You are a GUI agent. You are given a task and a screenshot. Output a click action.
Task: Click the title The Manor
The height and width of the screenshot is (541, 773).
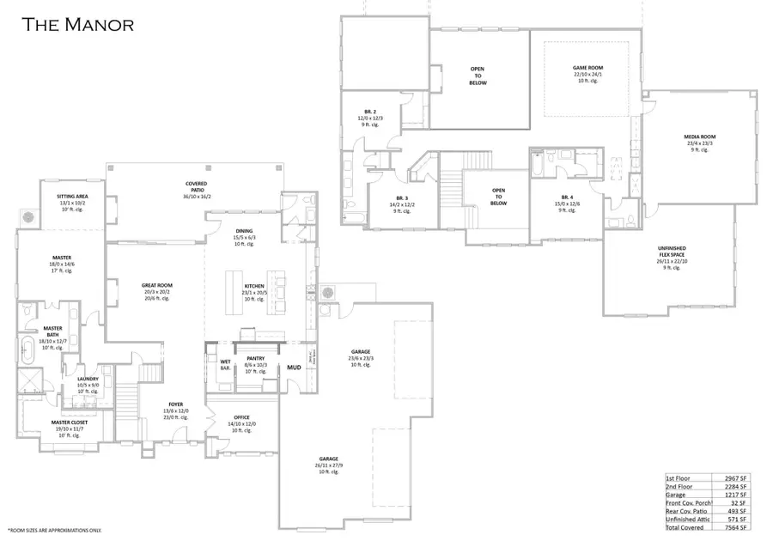77,24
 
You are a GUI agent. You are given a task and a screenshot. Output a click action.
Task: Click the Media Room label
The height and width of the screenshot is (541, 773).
699,137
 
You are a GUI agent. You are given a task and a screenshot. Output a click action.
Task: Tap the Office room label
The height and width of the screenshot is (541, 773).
241,418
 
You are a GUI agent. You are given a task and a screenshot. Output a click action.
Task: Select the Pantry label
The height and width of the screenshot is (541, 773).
256,358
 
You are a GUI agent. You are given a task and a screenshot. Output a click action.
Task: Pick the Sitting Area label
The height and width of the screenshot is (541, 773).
72,197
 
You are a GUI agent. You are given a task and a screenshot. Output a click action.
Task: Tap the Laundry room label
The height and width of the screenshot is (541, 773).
88,379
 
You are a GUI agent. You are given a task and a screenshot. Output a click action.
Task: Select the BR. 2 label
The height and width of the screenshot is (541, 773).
370,112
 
